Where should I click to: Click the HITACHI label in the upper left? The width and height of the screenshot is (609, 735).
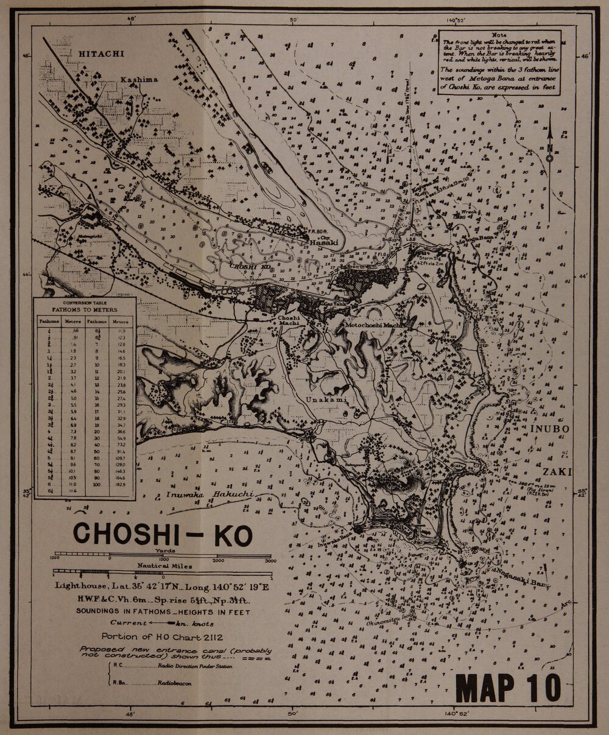(101, 54)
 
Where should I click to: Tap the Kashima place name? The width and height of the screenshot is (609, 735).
(139, 80)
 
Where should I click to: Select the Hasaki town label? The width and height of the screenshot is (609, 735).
(323, 242)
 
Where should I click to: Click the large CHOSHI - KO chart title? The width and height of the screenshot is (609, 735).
(162, 534)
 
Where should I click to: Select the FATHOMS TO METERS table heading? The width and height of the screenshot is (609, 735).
(85, 309)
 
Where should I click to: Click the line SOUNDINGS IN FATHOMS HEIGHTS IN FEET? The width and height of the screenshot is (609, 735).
(162, 611)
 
